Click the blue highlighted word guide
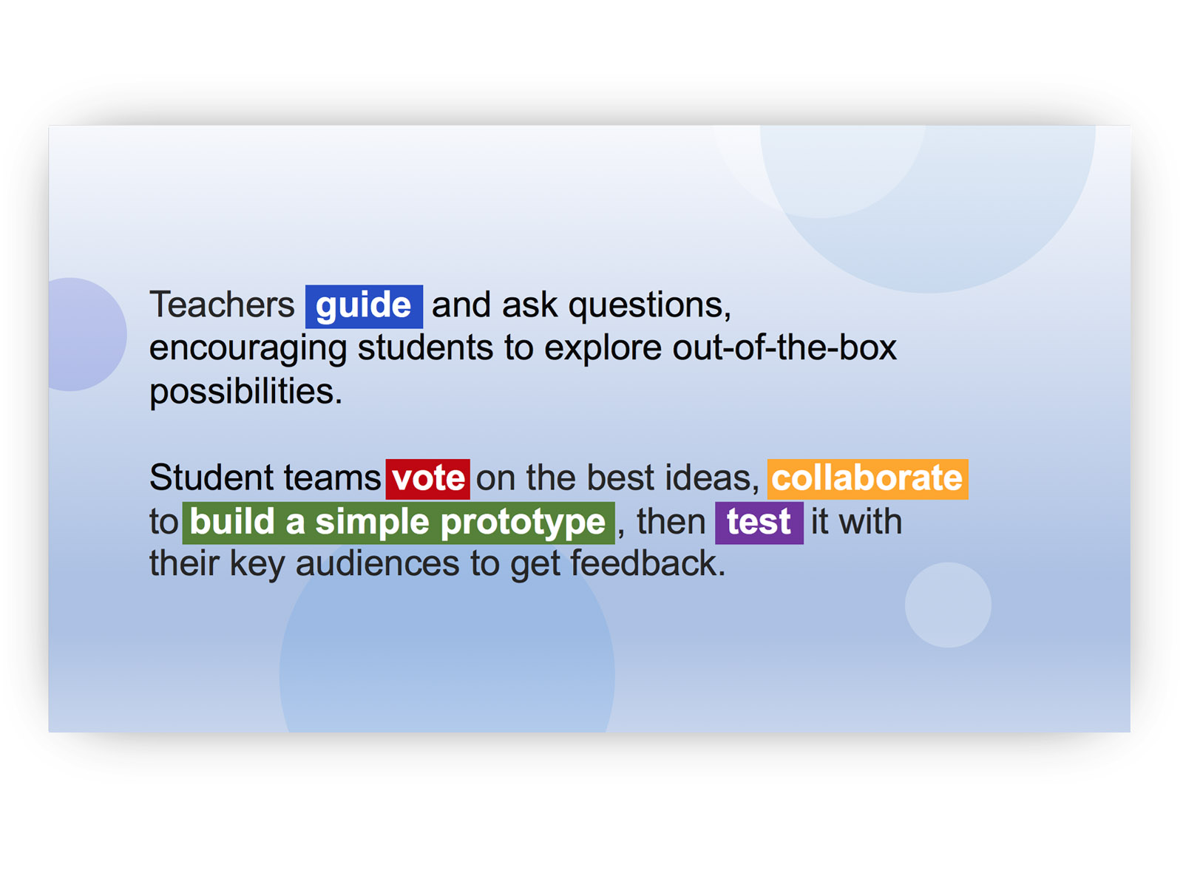point(364,307)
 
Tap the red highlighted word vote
point(427,479)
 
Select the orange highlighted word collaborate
point(867,479)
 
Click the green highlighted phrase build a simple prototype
point(399,523)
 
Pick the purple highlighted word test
point(759,523)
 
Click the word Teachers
point(222,305)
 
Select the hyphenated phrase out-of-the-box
point(784,347)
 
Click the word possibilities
point(245,392)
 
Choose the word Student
point(211,478)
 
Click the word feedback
point(648,564)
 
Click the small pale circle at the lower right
point(947,605)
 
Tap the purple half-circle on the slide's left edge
point(87,334)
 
